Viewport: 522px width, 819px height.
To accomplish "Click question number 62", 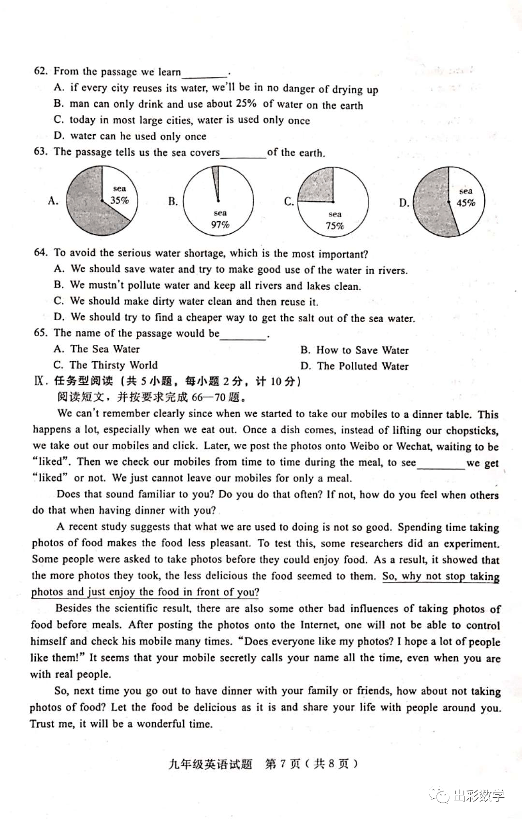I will [41, 71].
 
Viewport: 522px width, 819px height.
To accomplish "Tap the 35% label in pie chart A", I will [119, 200].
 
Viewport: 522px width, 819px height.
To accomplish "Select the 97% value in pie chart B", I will [220, 225].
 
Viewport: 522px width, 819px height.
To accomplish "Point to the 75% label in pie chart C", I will [335, 226].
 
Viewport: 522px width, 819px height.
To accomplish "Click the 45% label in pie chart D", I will [465, 203].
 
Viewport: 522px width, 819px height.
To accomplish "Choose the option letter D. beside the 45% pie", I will [404, 203].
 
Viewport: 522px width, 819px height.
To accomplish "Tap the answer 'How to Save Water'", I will [362, 350].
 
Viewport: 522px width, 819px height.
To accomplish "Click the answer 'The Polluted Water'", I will [362, 366].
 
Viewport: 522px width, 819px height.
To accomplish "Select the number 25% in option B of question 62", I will [246, 104].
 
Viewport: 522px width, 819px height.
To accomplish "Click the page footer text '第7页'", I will [283, 763].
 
